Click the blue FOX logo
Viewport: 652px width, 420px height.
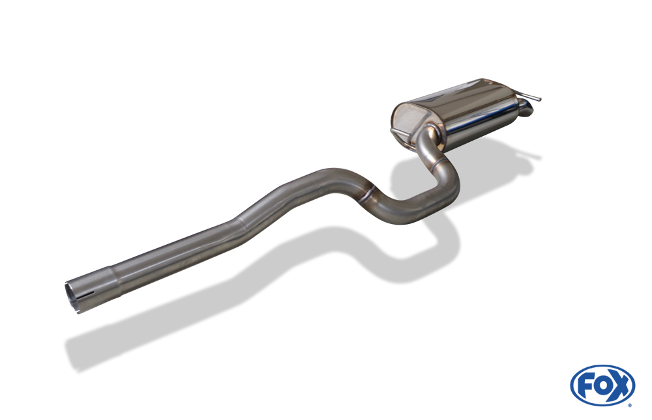pyautogui.click(x=602, y=385)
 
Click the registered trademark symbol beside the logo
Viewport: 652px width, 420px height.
pyautogui.click(x=630, y=405)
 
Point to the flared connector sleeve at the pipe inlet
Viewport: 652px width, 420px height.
pyautogui.click(x=91, y=290)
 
